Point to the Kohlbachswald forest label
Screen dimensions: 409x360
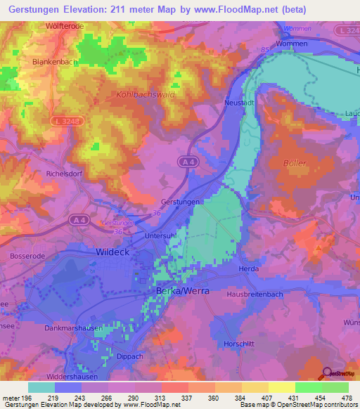click(146, 93)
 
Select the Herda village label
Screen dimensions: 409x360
click(249, 269)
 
